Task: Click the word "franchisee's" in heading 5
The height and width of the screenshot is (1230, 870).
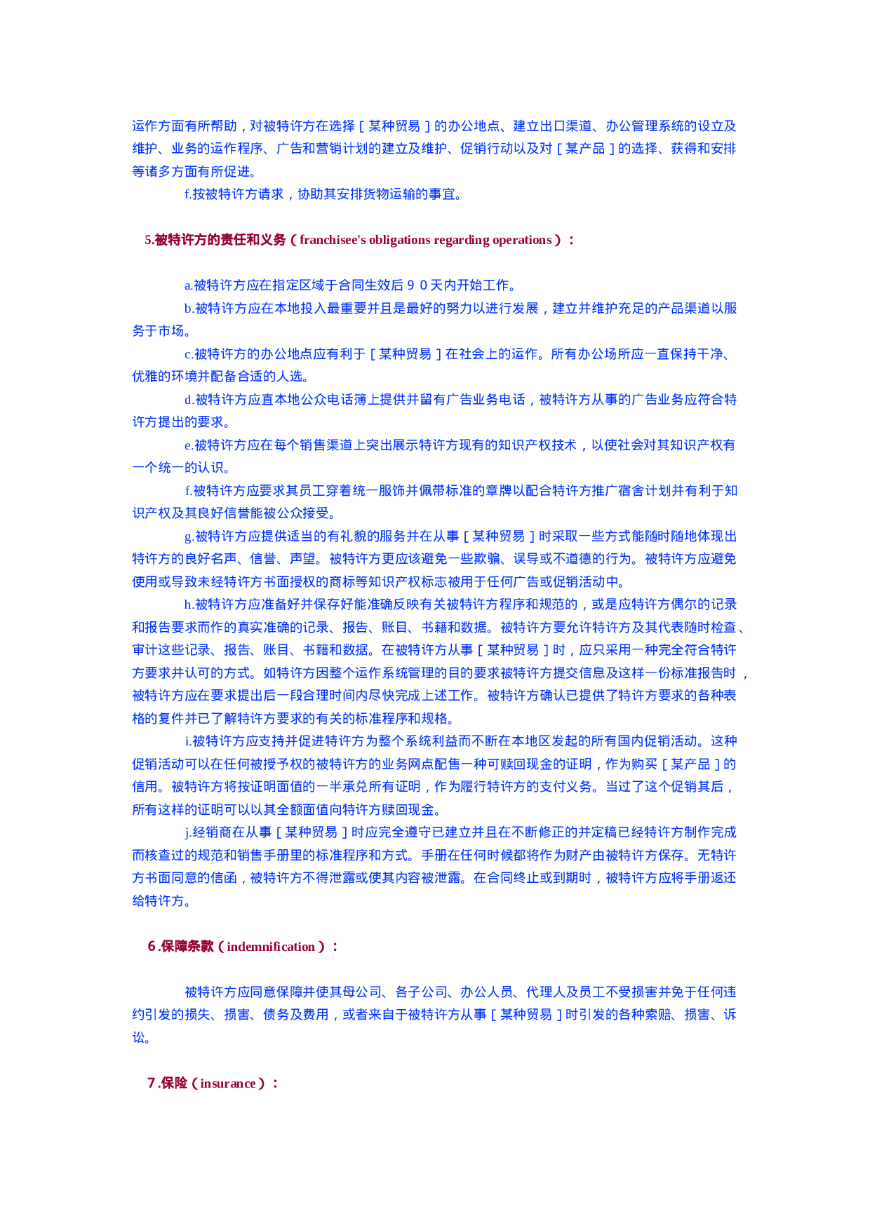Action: [333, 240]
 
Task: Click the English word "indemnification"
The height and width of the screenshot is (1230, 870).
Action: [271, 947]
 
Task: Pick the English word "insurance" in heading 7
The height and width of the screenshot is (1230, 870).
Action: [228, 1083]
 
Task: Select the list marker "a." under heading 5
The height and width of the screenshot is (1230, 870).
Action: [188, 285]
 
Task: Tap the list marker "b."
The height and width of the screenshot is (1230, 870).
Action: [189, 309]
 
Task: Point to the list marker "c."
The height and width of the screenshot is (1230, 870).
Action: [188, 354]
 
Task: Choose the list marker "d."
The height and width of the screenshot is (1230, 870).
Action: [189, 400]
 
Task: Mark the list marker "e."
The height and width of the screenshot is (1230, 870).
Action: [188, 445]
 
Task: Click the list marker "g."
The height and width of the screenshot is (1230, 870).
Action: [189, 536]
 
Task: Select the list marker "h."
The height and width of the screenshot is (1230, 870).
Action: [189, 604]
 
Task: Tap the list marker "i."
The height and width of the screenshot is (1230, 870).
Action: [187, 741]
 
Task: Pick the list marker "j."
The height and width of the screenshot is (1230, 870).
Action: [187, 832]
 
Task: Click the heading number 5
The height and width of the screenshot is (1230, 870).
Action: [148, 240]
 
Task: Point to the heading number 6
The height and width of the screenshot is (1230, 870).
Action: [152, 947]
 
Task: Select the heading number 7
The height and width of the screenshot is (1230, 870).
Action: [151, 1083]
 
